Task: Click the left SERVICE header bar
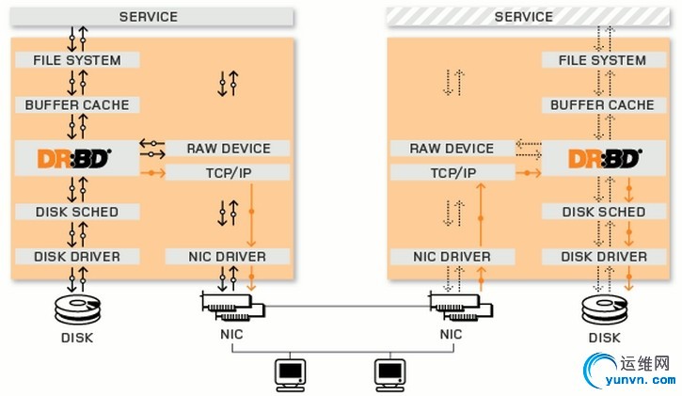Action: pyautogui.click(x=148, y=17)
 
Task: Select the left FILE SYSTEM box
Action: pyautogui.click(x=77, y=60)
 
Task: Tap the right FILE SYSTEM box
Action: pyautogui.click(x=603, y=60)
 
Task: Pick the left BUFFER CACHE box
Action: pyautogui.click(x=77, y=105)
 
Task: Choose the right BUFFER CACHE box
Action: pyautogui.click(x=603, y=105)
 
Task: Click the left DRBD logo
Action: pyautogui.click(x=75, y=158)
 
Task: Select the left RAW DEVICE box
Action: pyautogui.click(x=228, y=149)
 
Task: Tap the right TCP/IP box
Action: pyautogui.click(x=452, y=173)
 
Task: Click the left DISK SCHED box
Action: pyautogui.click(x=77, y=212)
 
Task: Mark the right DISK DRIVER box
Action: pyautogui.click(x=603, y=257)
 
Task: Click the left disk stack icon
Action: pyautogui.click(x=77, y=309)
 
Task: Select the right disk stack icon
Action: pyautogui.click(x=603, y=309)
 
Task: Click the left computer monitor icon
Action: pyautogui.click(x=289, y=373)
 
